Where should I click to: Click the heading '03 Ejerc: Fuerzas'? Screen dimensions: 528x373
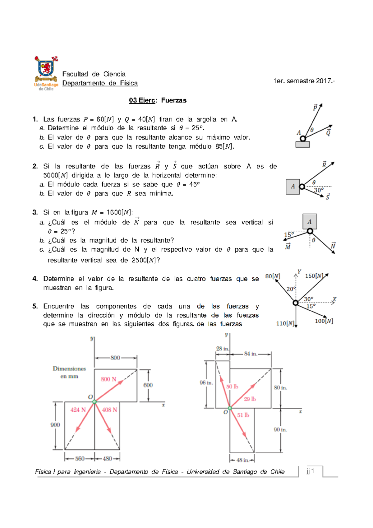pos(158,100)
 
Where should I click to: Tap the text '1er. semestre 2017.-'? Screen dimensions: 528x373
pos(304,81)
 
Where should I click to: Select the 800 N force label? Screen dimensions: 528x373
pos(108,379)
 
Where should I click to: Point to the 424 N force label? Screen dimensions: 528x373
pos(78,410)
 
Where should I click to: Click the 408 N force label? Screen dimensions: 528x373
pos(110,410)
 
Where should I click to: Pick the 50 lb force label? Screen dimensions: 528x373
pos(232,387)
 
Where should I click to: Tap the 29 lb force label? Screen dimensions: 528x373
pos(250,399)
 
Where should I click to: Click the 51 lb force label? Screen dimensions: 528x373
pos(243,415)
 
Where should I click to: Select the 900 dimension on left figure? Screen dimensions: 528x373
pos(55,425)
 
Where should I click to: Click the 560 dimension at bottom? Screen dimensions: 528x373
pos(80,459)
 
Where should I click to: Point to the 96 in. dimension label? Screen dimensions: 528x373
pos(206,383)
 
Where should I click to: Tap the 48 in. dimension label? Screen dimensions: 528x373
pos(242,460)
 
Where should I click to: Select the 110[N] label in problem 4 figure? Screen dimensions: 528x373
pos(285,323)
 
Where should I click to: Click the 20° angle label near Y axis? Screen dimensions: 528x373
pos(291,289)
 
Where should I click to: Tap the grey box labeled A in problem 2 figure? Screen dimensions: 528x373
pos(292,187)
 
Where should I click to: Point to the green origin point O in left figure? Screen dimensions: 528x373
pos(94,402)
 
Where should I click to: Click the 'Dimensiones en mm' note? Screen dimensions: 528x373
pos(69,372)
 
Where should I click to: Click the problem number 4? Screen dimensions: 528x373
pos(35,279)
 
